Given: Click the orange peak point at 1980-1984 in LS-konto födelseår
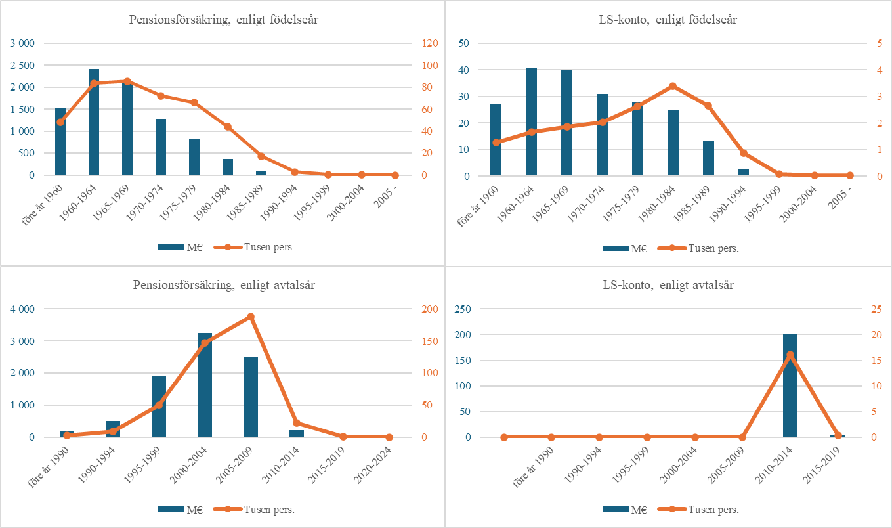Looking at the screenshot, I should (673, 86).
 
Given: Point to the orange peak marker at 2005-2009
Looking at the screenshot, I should (251, 317).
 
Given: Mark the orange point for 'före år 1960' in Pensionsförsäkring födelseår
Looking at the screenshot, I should (60, 122).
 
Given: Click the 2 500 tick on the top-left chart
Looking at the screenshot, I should (23, 66).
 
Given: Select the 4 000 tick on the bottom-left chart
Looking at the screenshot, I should (23, 309).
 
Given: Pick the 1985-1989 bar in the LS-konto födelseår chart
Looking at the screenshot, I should (709, 158).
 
